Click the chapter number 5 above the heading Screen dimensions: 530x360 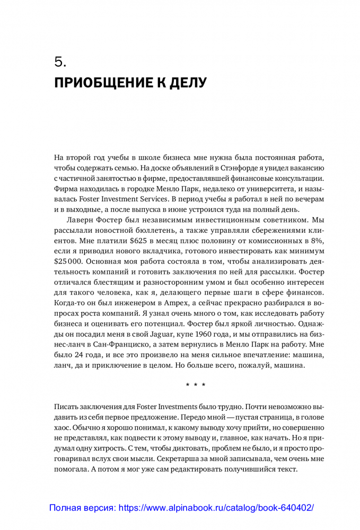pos(59,63)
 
